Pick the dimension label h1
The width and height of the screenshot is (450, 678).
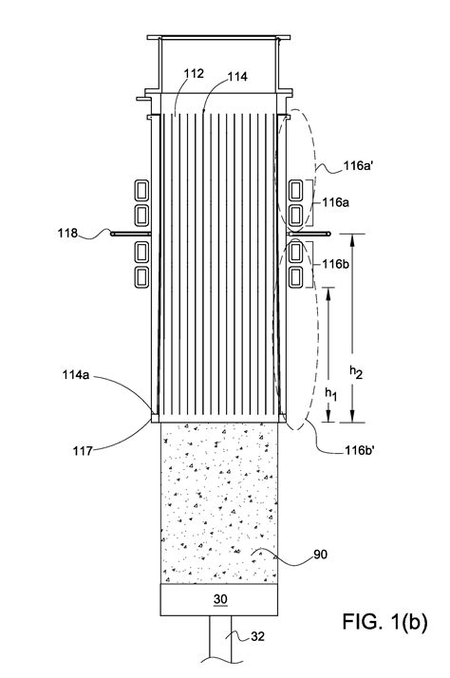[331, 388]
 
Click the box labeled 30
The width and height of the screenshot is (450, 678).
[221, 599]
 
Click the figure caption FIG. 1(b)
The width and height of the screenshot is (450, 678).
[384, 625]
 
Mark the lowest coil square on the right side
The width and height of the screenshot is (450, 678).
[296, 277]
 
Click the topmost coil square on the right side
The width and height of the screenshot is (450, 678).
[296, 187]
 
